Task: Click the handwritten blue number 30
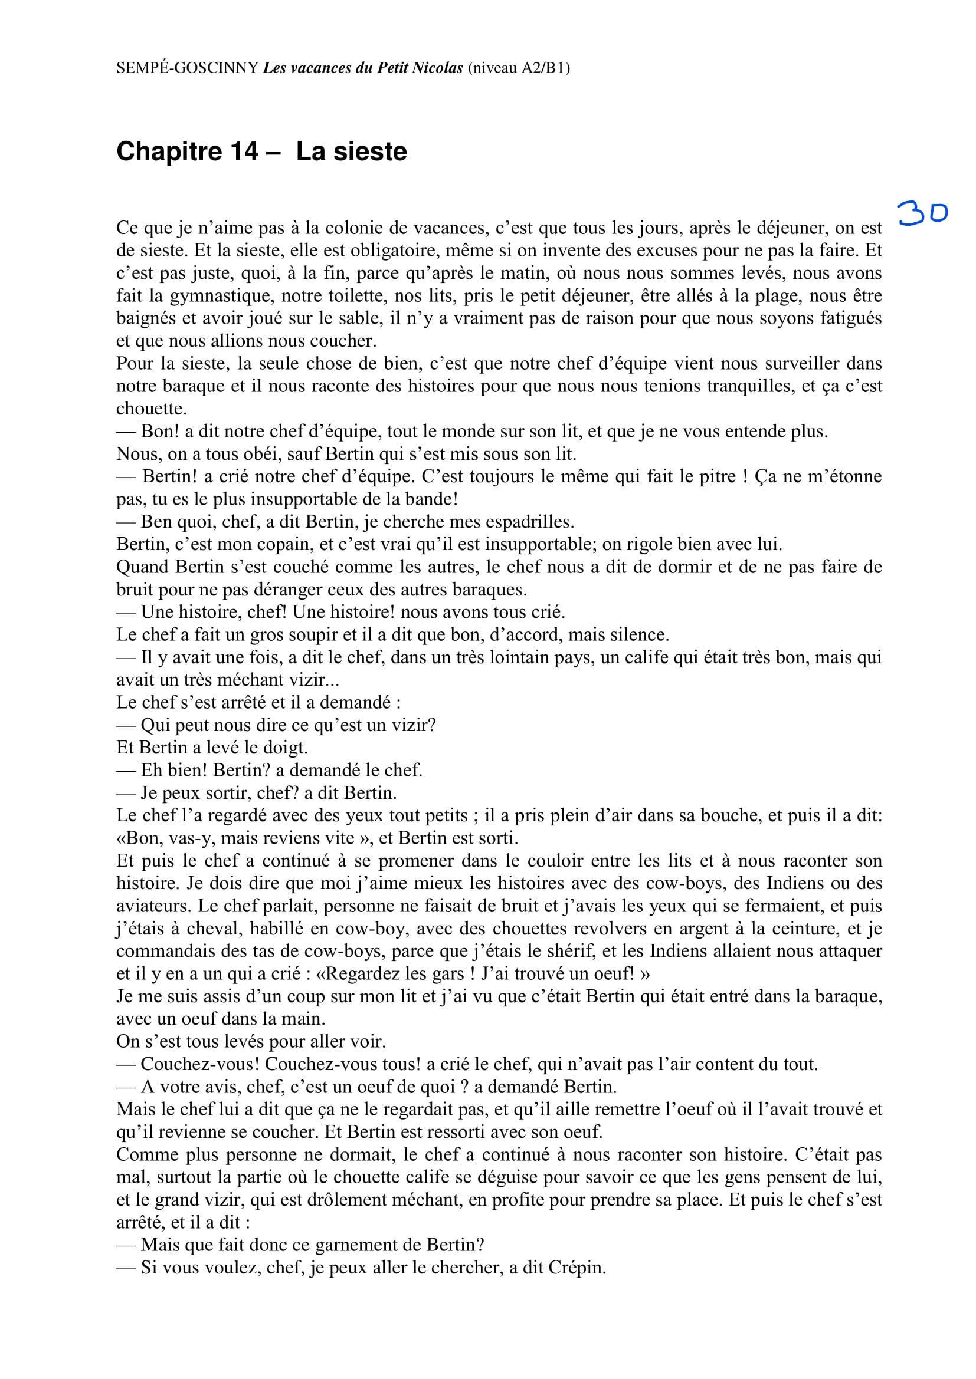(x=922, y=213)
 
